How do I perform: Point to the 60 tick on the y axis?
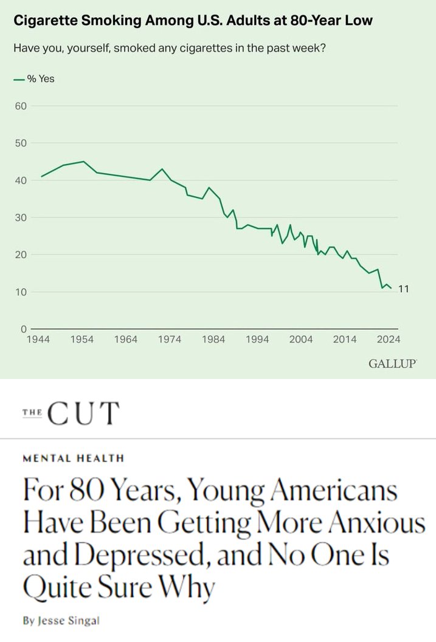coord(21,106)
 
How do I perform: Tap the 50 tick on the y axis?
coord(21,143)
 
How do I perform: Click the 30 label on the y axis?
coord(21,217)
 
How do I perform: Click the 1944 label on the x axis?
coord(38,340)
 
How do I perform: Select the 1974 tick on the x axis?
coord(170,340)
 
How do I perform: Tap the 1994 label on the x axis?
coord(257,340)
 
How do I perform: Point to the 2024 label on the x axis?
coord(388,340)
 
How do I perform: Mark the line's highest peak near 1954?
coord(83,162)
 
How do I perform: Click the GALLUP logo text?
coord(392,364)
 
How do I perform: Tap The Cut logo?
coord(70,414)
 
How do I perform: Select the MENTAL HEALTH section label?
coord(74,459)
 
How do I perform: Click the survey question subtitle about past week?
coord(169,48)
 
